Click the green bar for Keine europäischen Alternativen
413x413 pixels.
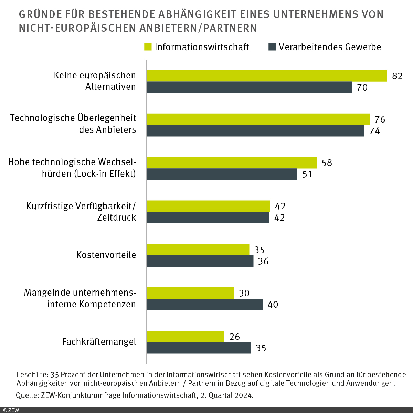267,76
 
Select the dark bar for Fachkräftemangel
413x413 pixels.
199,348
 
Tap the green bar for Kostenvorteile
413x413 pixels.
198,250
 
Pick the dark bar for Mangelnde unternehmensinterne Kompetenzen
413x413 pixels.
205,305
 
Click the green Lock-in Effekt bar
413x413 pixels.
232,163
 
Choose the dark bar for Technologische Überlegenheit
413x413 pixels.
255,131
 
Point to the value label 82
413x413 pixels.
397,76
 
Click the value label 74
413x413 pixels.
374,131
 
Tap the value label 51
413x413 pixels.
307,174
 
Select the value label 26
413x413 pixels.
234,337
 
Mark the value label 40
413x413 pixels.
273,305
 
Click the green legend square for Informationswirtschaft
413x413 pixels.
148,47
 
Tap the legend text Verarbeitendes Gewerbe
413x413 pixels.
330,47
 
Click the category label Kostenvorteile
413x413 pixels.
106,255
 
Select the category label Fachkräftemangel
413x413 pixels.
99,342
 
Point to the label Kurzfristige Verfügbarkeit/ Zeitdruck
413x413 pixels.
81,212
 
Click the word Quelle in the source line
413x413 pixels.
27,395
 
